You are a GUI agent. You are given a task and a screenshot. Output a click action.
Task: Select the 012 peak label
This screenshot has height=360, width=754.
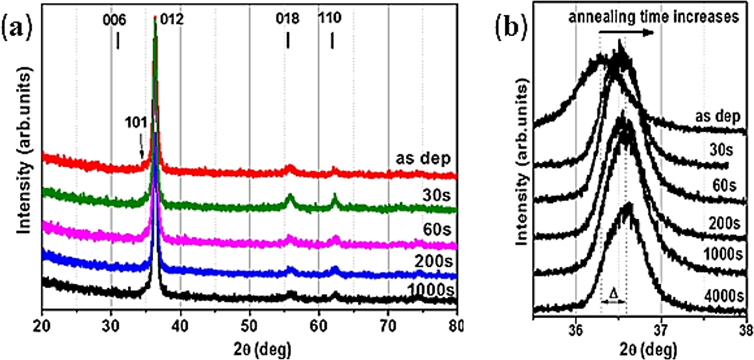(x=172, y=20)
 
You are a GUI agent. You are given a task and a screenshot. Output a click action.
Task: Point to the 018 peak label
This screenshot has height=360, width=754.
(x=288, y=19)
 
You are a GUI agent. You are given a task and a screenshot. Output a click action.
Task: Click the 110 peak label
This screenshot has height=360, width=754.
(x=329, y=18)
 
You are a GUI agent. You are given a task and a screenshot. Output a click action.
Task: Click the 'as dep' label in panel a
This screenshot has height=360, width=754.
(x=423, y=159)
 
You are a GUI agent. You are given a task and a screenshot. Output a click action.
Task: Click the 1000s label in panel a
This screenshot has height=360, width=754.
(x=431, y=291)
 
